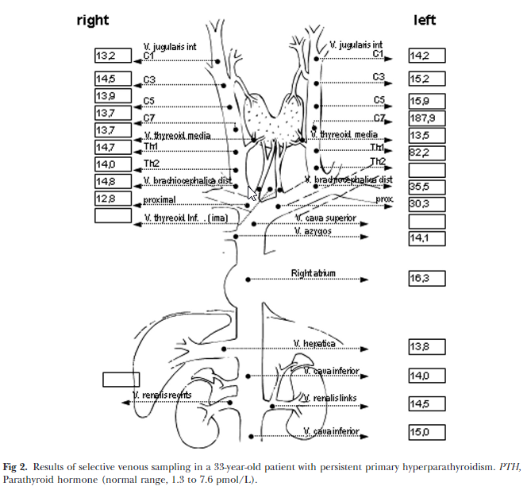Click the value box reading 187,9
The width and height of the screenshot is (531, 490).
coord(426,119)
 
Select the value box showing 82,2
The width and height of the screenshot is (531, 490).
coord(426,151)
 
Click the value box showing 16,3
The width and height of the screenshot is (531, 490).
coord(426,279)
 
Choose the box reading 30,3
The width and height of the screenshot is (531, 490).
coord(426,204)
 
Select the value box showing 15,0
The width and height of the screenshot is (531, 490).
coord(426,432)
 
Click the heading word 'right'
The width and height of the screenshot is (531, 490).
coord(93,21)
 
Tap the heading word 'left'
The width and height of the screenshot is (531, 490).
coord(425,21)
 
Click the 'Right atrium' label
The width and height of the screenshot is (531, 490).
coord(313,274)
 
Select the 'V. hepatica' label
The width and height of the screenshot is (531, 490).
coord(314,343)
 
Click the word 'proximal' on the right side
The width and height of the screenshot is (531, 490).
coord(160,199)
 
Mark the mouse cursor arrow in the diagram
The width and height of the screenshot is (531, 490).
coord(252,193)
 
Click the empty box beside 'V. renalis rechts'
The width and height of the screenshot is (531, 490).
coord(121,380)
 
